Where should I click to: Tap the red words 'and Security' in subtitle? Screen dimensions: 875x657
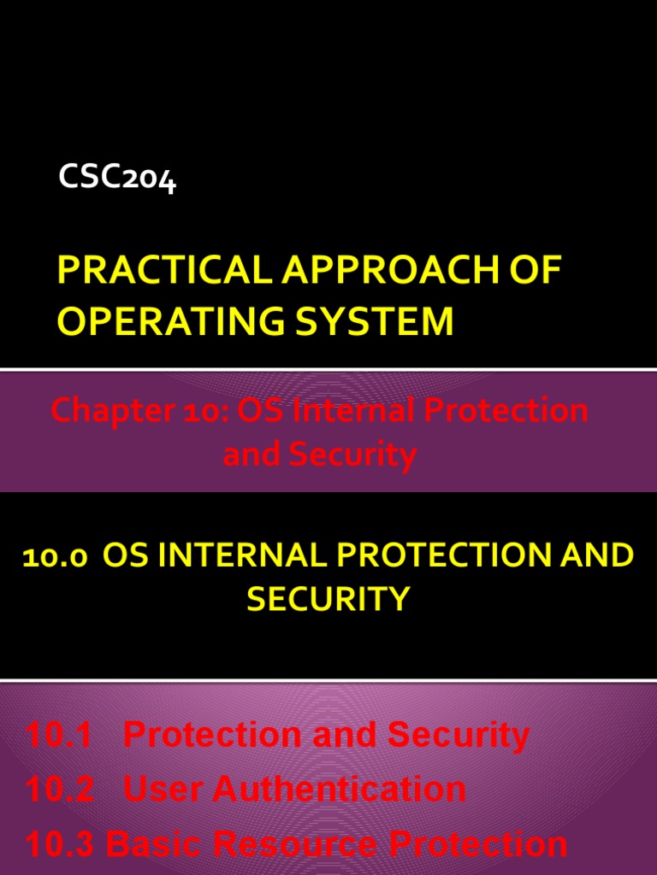[319, 455]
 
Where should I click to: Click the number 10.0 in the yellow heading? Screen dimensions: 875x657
[54, 557]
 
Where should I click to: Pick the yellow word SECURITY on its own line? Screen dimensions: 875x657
[328, 599]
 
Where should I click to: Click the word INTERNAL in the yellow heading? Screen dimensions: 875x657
[242, 556]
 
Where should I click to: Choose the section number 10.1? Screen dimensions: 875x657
[59, 735]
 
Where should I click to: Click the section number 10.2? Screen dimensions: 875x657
[59, 789]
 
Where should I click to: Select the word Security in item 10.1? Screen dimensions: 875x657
[458, 735]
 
